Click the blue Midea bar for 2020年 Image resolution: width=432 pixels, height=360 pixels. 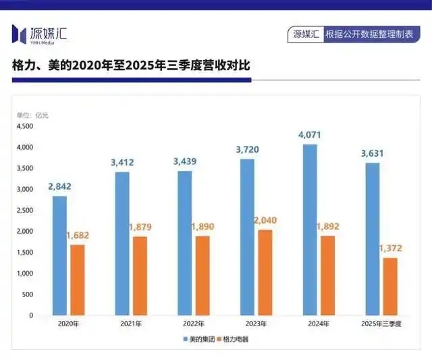59,255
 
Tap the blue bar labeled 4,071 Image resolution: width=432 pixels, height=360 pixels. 310,230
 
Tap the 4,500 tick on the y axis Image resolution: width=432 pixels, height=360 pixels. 24,126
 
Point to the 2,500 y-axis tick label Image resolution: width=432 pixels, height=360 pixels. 24,211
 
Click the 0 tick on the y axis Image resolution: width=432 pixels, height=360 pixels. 30,315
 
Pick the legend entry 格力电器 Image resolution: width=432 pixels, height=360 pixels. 234,339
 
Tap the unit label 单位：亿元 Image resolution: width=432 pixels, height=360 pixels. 32,115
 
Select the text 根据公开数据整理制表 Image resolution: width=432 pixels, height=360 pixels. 368,34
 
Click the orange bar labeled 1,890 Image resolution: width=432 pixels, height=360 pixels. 202,276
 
